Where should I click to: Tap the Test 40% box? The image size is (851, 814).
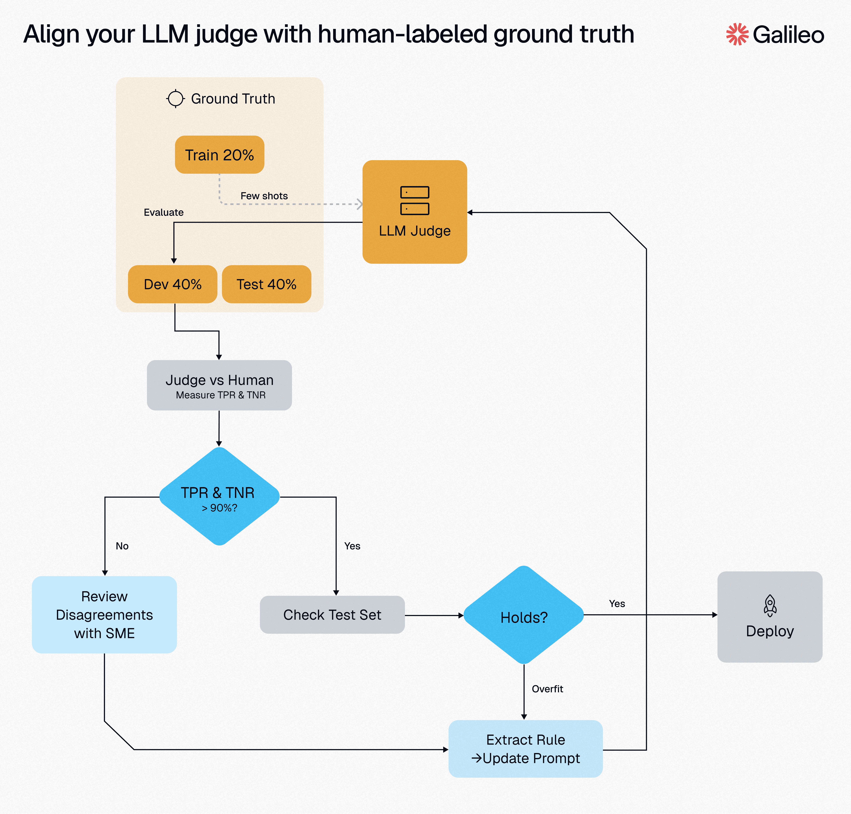tap(266, 284)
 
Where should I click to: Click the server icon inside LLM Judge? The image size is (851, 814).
tap(415, 200)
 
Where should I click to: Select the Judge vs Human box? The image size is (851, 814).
tap(219, 385)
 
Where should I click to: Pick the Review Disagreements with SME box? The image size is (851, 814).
tap(104, 614)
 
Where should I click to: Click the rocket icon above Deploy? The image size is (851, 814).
tap(770, 605)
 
